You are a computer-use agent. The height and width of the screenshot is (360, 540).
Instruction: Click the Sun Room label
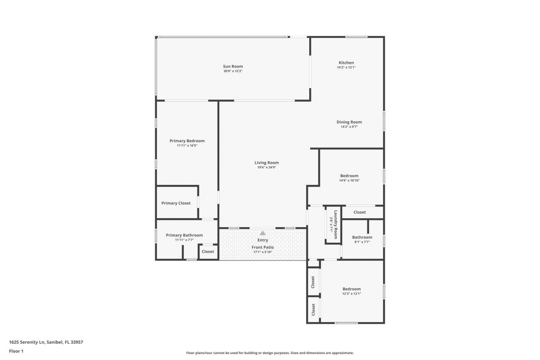pos(233,66)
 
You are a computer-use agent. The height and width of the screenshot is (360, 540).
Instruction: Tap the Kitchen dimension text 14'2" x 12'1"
pos(346,68)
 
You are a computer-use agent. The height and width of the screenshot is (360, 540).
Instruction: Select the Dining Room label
pos(349,122)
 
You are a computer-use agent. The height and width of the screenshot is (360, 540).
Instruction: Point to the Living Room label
pos(267,162)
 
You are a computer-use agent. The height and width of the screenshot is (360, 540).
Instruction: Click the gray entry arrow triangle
pos(263,233)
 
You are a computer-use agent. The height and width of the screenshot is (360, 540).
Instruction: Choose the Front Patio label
pos(263,247)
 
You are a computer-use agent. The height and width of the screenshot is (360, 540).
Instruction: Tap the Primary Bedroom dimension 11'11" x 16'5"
pos(187,146)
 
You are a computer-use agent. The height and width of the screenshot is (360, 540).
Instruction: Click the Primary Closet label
pos(176,203)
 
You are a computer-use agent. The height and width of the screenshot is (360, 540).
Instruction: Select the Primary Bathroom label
pos(184,235)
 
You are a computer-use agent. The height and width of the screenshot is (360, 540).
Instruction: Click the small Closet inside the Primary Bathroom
pos(208,252)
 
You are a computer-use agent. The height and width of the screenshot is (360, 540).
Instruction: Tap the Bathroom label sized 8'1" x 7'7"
pos(362,237)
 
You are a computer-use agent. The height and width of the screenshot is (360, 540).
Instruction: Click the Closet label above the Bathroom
pos(359,212)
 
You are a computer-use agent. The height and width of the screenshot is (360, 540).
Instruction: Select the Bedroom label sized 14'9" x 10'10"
pos(349,176)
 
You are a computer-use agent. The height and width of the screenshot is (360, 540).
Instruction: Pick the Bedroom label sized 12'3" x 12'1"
pos(351,289)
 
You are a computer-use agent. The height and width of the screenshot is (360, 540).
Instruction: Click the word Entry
pos(263,240)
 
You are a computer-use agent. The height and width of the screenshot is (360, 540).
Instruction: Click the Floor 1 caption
pos(16,351)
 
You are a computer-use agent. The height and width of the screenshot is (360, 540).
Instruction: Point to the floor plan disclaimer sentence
pos(270,353)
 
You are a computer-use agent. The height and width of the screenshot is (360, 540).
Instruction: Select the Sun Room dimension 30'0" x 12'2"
pos(233,71)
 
